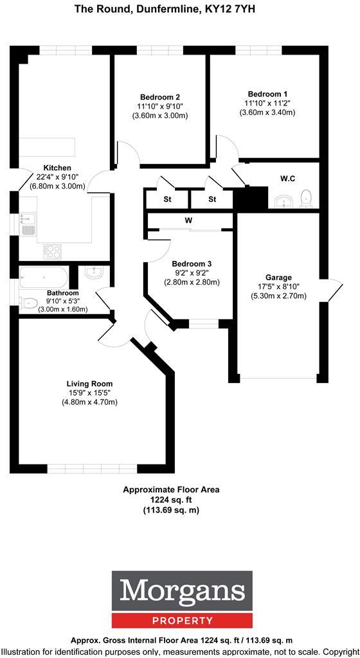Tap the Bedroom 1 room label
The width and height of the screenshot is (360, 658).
coord(267,93)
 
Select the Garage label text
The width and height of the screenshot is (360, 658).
coord(278,278)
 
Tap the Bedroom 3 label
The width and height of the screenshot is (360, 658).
coord(192,263)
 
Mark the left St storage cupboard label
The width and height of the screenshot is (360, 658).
coord(167,199)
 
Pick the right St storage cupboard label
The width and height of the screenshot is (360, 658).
coord(212,199)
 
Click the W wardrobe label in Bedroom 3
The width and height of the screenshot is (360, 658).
coord(189,221)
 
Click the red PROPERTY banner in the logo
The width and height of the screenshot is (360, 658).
coord(179,621)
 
